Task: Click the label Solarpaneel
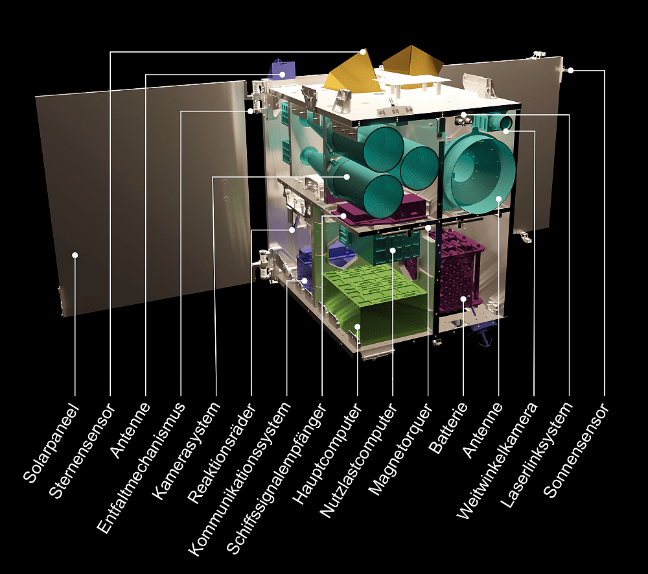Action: [x=51, y=444]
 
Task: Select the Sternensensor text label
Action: [x=82, y=450]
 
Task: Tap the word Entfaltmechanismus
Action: [x=142, y=467]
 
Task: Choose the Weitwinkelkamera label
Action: [x=498, y=460]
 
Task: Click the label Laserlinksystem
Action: [x=537, y=453]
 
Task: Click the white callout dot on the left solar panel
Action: [x=75, y=255]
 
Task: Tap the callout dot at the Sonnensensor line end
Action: [x=571, y=70]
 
